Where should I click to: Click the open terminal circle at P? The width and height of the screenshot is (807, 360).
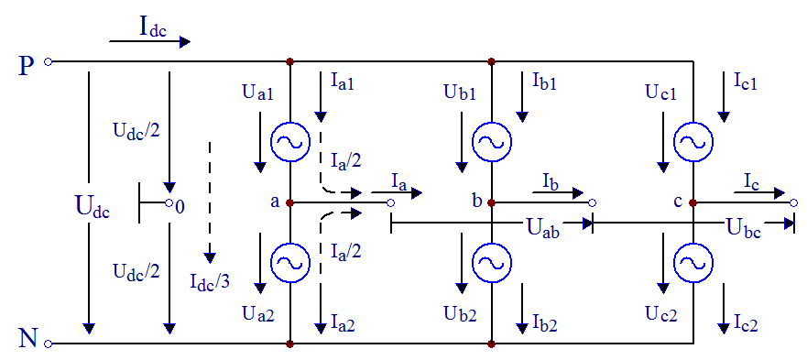[48, 61]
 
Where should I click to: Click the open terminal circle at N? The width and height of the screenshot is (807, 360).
[48, 343]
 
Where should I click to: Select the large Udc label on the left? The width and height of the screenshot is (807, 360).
[93, 208]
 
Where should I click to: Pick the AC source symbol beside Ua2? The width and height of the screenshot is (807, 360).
[289, 263]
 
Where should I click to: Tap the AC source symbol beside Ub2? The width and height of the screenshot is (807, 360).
[492, 263]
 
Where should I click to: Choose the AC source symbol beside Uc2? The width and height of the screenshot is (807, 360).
[693, 263]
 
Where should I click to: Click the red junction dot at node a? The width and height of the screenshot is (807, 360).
[289, 202]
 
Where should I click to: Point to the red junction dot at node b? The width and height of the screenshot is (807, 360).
[492, 202]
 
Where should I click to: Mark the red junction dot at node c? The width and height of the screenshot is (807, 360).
[693, 202]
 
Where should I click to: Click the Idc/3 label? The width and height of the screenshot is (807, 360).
[210, 281]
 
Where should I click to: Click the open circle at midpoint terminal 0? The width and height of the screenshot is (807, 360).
[169, 203]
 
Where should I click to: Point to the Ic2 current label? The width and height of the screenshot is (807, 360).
[745, 324]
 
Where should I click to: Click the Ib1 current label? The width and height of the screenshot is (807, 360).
[543, 81]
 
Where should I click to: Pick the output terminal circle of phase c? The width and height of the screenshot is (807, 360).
[794, 203]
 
